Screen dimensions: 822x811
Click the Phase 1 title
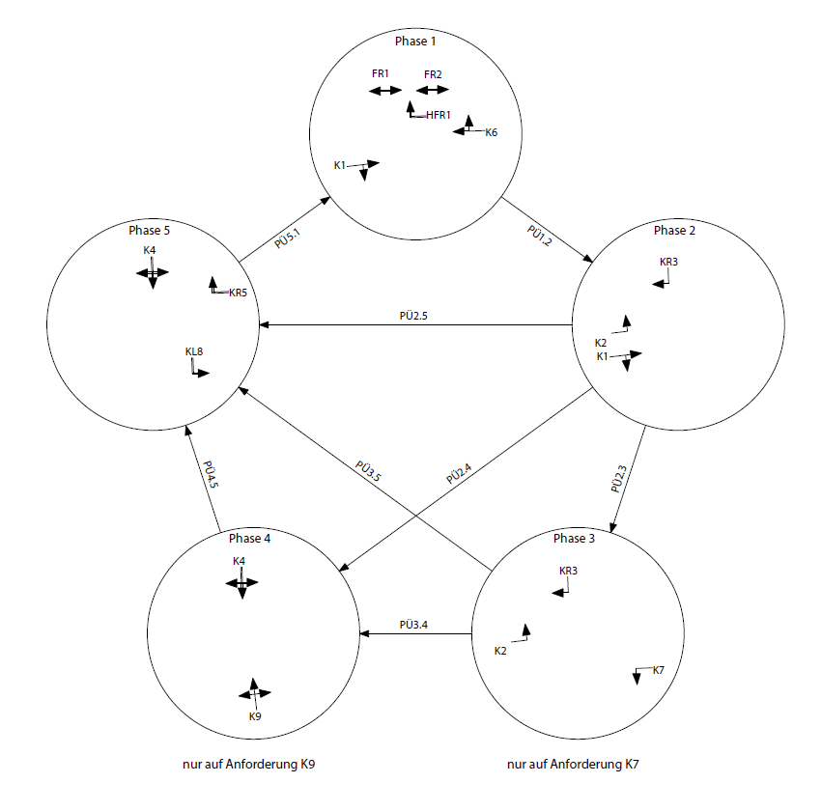click(x=415, y=41)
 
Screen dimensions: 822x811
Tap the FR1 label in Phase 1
click(x=380, y=74)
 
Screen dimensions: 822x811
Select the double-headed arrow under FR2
click(x=433, y=90)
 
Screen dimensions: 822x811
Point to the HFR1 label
click(x=439, y=115)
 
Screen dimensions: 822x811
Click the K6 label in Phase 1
click(x=492, y=132)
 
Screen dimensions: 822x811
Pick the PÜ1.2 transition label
click(x=539, y=236)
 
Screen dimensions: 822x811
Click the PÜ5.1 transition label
click(x=287, y=238)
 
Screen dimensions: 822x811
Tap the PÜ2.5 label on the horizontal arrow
click(x=413, y=316)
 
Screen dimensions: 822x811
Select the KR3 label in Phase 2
click(x=668, y=262)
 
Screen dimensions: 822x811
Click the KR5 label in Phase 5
click(x=238, y=293)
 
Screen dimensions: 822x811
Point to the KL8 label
click(x=194, y=351)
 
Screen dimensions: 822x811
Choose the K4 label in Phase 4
click(x=239, y=561)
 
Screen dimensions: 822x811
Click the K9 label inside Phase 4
click(x=255, y=716)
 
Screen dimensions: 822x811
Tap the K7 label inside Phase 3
click(x=659, y=670)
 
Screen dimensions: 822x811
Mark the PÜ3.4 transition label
click(x=413, y=625)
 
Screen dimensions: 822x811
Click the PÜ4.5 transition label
click(x=211, y=475)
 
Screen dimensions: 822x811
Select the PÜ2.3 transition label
click(x=618, y=479)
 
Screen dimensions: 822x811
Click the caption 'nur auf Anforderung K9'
click(x=248, y=765)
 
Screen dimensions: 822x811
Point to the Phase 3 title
click(x=574, y=539)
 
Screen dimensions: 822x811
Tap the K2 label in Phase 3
click(x=500, y=651)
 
